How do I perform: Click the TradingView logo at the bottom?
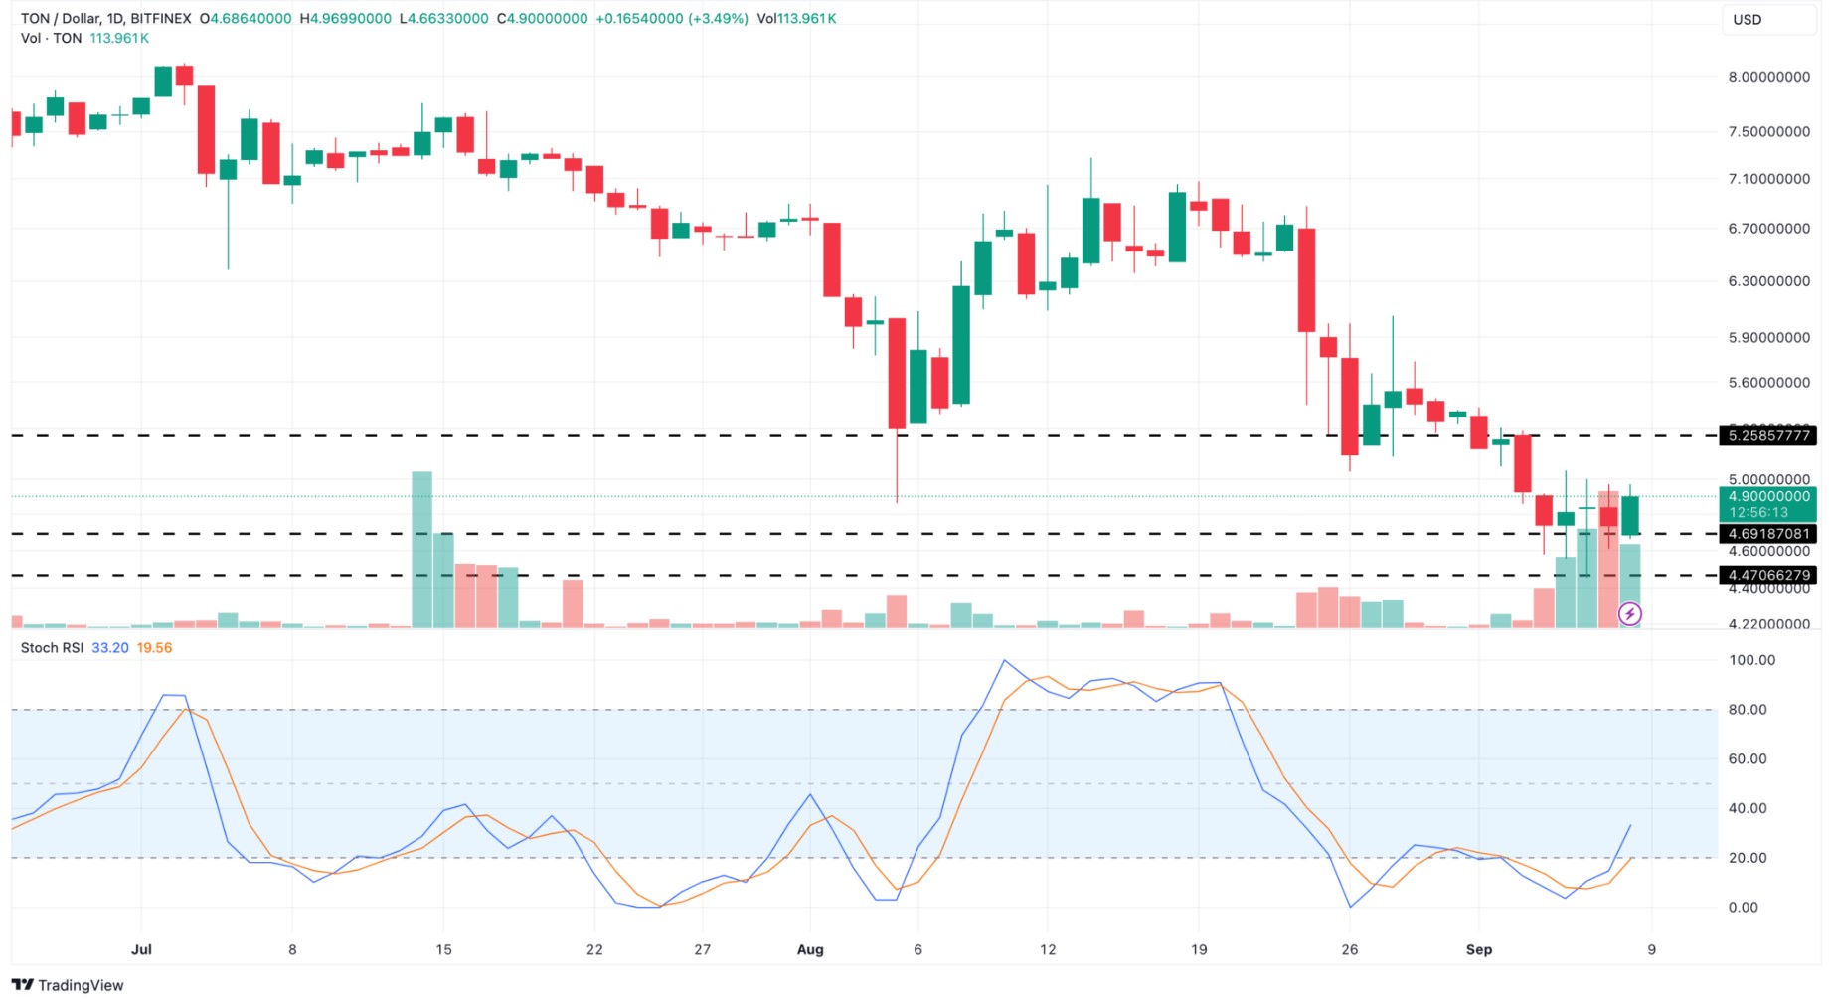[68, 985]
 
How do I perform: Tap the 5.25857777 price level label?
[1768, 435]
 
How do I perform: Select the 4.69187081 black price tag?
[1768, 534]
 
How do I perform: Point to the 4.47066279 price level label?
[1768, 575]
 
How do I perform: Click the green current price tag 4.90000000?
[1768, 497]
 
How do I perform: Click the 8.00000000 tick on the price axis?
[1768, 77]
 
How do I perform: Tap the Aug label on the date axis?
[810, 949]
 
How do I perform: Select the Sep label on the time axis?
[1478, 949]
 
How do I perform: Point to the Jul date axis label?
[141, 949]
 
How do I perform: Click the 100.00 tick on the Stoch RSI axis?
[1751, 660]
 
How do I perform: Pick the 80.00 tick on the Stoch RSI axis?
[1748, 710]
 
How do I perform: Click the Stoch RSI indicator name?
[52, 648]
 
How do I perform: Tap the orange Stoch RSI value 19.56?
[154, 648]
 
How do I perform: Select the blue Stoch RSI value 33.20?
[110, 648]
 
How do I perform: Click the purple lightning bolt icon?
[1630, 614]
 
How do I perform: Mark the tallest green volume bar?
[421, 550]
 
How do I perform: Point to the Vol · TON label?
[51, 38]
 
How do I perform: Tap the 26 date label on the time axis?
[1349, 949]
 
